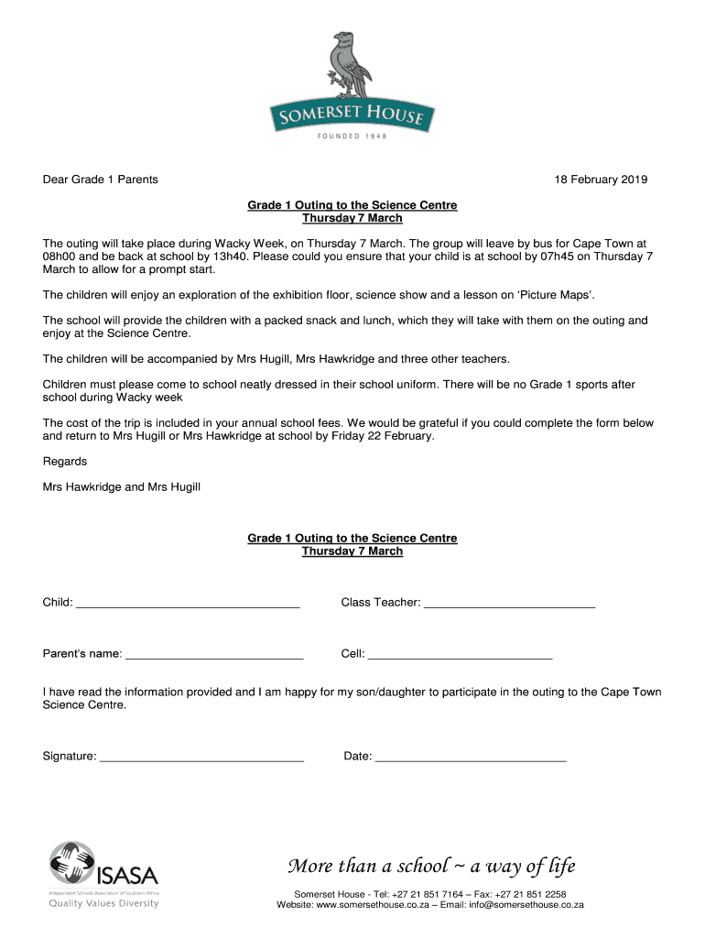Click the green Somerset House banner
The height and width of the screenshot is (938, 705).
[352, 115]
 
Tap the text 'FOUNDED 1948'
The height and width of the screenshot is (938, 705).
[352, 136]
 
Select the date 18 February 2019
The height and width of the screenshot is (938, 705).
[601, 180]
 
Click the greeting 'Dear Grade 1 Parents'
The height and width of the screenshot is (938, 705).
[101, 180]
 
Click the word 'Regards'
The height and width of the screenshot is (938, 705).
[65, 462]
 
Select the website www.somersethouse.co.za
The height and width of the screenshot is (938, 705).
[373, 905]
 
